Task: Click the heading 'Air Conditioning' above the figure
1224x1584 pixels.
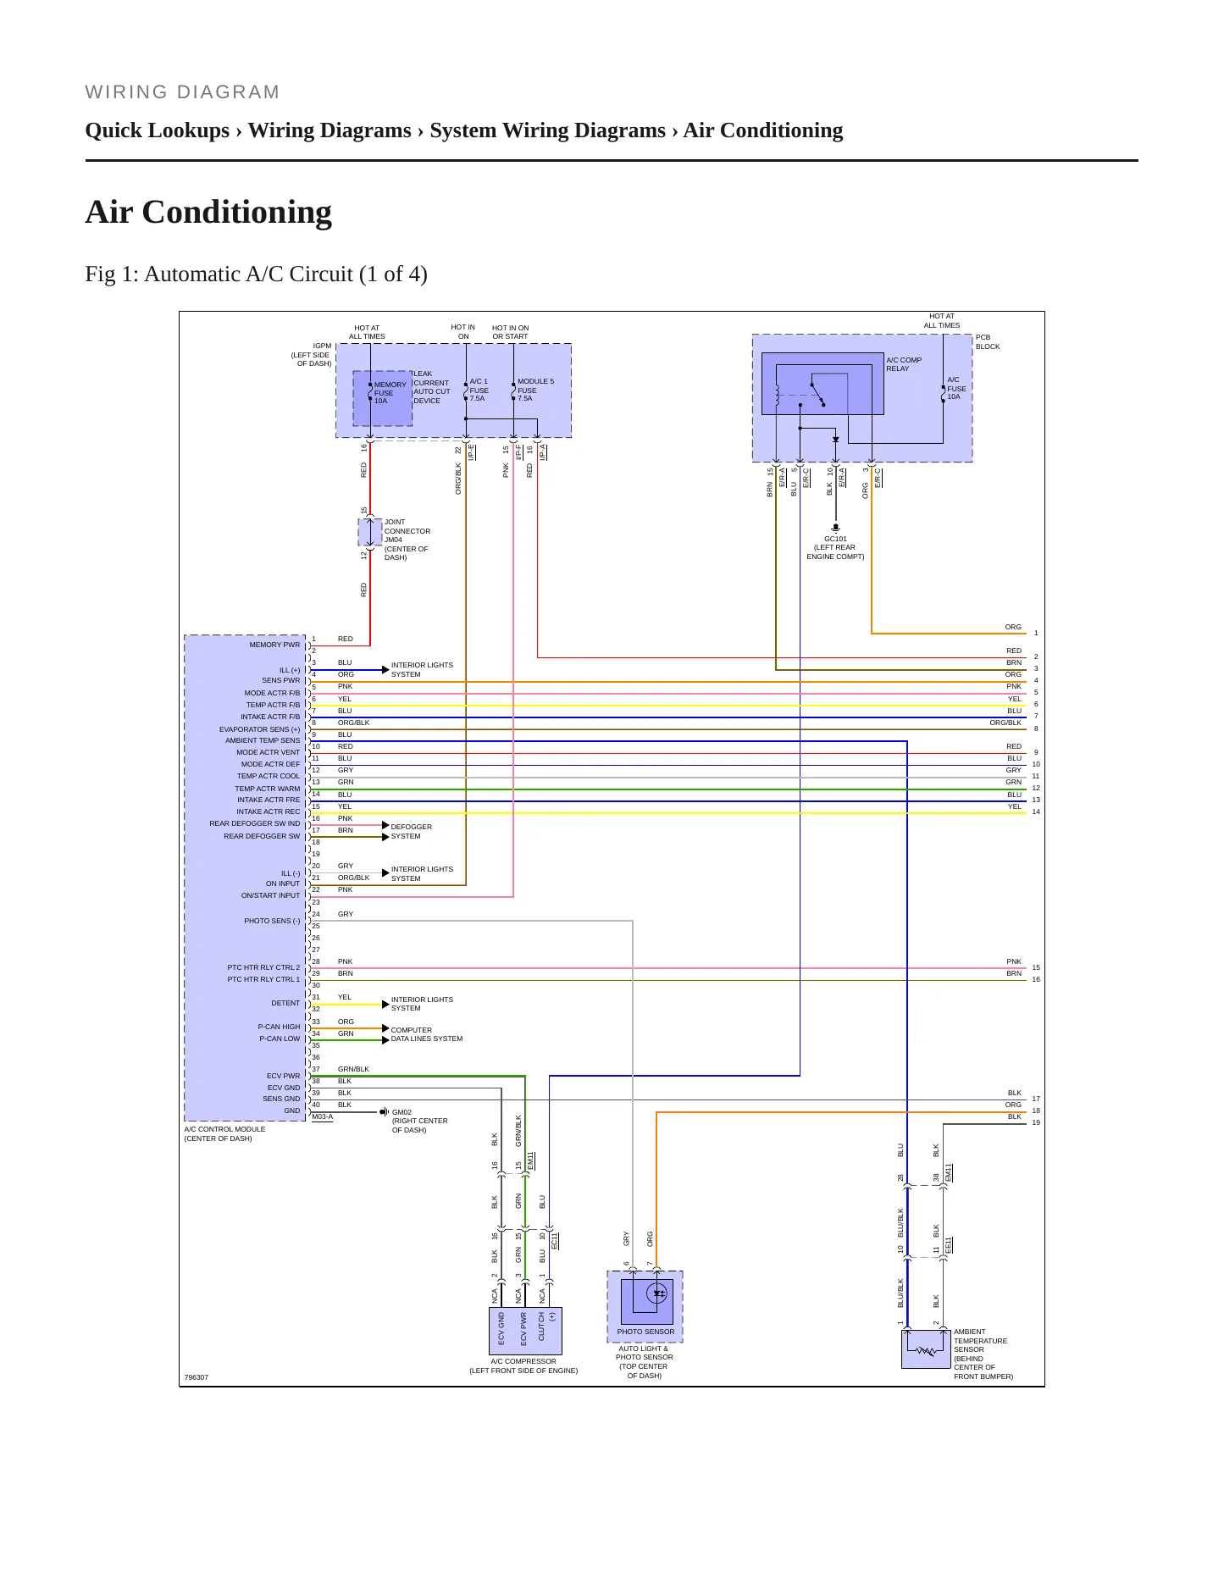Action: pyautogui.click(x=208, y=212)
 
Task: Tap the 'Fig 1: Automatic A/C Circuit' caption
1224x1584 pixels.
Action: pyautogui.click(x=256, y=274)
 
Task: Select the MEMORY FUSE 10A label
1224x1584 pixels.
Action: pyautogui.click(x=390, y=393)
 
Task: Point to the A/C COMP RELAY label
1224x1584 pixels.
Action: pyautogui.click(x=904, y=364)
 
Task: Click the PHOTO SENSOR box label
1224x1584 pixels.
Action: pyautogui.click(x=645, y=1332)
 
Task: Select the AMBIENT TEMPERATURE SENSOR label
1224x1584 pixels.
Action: pyautogui.click(x=980, y=1341)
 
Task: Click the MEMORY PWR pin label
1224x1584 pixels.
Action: pyautogui.click(x=274, y=645)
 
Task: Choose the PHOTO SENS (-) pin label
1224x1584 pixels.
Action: pyautogui.click(x=272, y=921)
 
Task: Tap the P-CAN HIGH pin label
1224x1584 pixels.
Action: pyautogui.click(x=279, y=1027)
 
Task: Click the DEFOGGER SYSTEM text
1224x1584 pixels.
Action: pyautogui.click(x=411, y=831)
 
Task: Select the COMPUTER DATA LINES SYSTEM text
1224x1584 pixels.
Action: pyautogui.click(x=426, y=1034)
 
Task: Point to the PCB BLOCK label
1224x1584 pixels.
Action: pyautogui.click(x=988, y=341)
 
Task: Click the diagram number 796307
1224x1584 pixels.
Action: pyautogui.click(x=196, y=1377)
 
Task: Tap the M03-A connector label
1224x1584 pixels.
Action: pyautogui.click(x=323, y=1116)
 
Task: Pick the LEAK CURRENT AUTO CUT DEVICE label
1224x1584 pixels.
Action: pyautogui.click(x=432, y=387)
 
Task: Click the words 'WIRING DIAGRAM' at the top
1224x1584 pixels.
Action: pyautogui.click(x=182, y=92)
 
